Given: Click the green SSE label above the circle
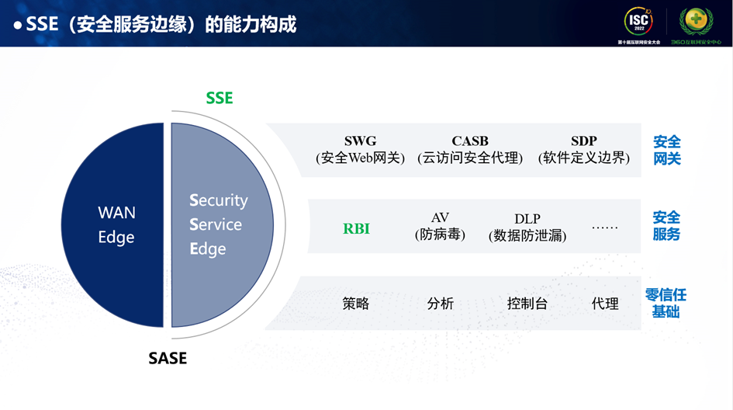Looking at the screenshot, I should point(220,99).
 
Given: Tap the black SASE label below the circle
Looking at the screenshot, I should point(168,359).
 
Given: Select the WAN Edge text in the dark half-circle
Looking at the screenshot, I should point(116,224).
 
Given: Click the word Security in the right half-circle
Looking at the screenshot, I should point(219,200).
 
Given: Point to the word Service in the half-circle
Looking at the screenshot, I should point(216,224).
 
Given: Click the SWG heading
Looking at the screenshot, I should point(360,141).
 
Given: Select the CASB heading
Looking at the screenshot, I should point(470,141).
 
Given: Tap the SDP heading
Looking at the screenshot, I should point(583,141).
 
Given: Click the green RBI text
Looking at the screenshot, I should point(356,229).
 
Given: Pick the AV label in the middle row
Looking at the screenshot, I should point(440,218).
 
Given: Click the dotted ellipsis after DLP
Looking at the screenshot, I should point(605,228).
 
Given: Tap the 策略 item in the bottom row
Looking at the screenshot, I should point(355,304).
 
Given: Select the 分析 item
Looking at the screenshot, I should point(440,304).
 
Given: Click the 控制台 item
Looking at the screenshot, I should point(527,304).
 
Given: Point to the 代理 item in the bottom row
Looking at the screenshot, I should point(605,304).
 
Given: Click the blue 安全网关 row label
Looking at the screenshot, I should point(666,150).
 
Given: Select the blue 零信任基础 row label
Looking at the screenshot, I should point(666,303).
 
